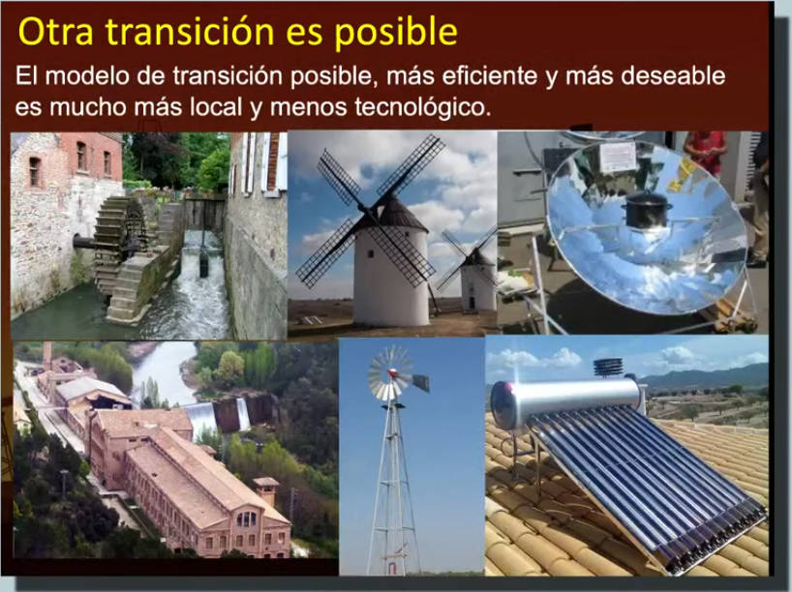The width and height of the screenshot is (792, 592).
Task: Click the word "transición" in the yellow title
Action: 190,31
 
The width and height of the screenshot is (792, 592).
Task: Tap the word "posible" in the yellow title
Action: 396,33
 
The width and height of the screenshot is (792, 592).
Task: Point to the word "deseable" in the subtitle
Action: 673,75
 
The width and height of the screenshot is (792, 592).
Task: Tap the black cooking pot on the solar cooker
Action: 648,209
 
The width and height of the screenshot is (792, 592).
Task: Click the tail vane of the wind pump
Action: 420,383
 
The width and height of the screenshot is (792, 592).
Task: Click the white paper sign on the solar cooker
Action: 617,157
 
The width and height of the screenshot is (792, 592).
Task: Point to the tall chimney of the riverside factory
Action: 48,358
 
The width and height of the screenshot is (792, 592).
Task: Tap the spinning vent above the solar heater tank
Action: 608,368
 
